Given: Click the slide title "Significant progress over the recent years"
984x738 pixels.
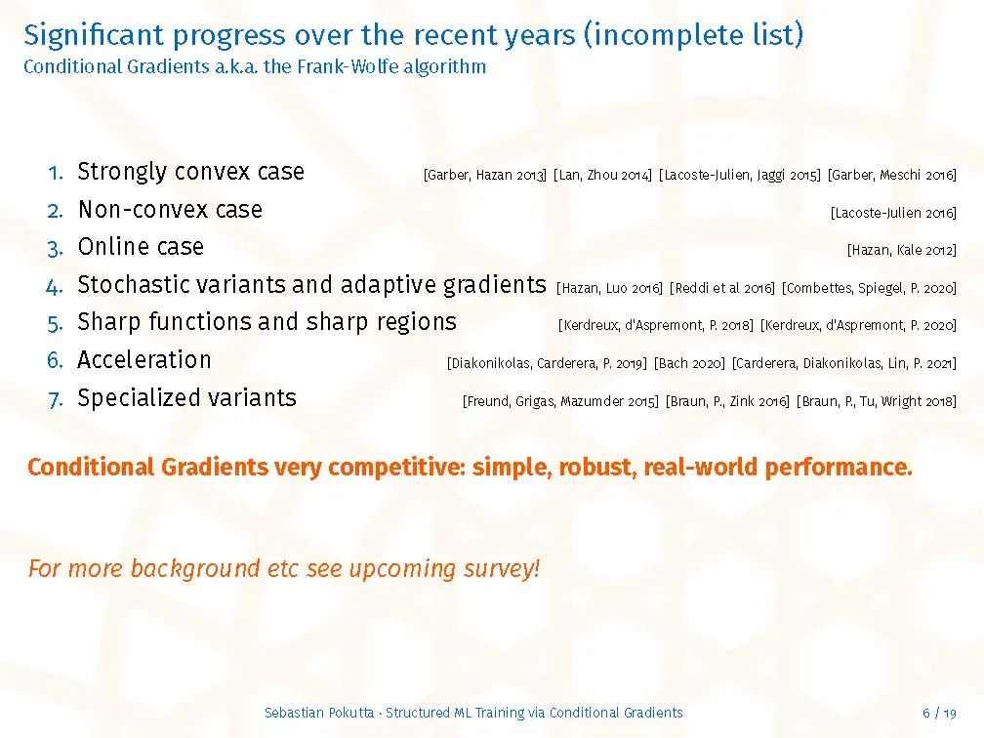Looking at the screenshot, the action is [300, 35].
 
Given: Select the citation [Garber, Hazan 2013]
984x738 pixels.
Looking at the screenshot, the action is [485, 175].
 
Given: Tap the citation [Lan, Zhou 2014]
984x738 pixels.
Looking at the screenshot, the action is [602, 175].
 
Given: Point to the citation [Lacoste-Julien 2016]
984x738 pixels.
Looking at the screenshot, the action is [893, 214].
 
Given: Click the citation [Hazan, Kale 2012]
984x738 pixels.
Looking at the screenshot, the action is [902, 250].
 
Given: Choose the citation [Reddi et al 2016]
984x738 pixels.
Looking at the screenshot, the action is [722, 288].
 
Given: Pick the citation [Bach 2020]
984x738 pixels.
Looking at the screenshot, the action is [689, 363].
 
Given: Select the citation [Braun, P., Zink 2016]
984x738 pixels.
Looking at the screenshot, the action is [727, 401].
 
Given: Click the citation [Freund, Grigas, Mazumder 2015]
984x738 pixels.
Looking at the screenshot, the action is [560, 401].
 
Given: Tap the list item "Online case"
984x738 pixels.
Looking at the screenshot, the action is [141, 247].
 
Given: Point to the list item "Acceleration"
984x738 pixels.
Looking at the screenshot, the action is [144, 359].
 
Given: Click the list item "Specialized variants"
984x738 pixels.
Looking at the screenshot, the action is [187, 398].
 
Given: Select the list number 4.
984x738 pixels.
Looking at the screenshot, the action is [55, 287].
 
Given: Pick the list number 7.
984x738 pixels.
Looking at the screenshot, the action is [56, 400].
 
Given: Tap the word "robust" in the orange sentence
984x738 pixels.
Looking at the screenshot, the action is [594, 467].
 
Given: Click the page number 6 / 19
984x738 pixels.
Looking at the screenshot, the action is [939, 713].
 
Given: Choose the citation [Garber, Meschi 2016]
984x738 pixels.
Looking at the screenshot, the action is [892, 175].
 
